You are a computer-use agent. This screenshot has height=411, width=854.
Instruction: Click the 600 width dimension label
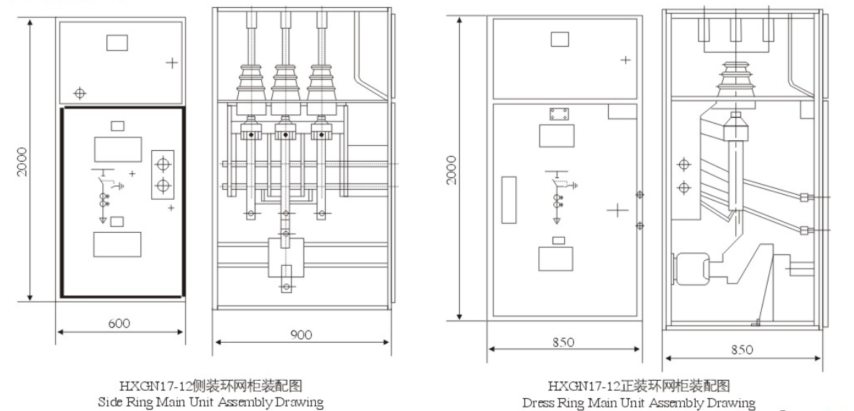pyautogui.click(x=119, y=323)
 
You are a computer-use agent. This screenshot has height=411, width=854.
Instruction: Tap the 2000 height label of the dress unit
pyautogui.click(x=452, y=169)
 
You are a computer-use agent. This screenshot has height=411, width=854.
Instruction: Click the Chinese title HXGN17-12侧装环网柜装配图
pyautogui.click(x=210, y=387)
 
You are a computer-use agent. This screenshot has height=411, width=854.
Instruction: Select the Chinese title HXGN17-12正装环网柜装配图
pyautogui.click(x=639, y=387)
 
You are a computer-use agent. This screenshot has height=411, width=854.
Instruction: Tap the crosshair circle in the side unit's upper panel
pyautogui.click(x=81, y=93)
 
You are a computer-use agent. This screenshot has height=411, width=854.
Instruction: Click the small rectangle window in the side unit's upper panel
pyautogui.click(x=117, y=42)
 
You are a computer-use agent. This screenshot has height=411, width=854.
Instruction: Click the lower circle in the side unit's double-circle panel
pyautogui.click(x=163, y=186)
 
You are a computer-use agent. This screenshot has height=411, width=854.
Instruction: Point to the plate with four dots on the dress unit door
pyautogui.click(x=559, y=115)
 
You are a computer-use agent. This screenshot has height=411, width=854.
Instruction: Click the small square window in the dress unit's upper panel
pyautogui.click(x=560, y=39)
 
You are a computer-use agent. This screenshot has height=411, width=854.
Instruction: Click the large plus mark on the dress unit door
pyautogui.click(x=617, y=210)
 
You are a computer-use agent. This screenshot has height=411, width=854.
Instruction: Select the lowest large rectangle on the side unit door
pyautogui.click(x=117, y=245)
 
